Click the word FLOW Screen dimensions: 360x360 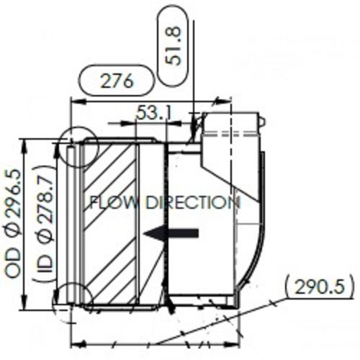(112, 202)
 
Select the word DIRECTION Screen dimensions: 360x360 (192, 202)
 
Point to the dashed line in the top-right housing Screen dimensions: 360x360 (230, 133)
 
